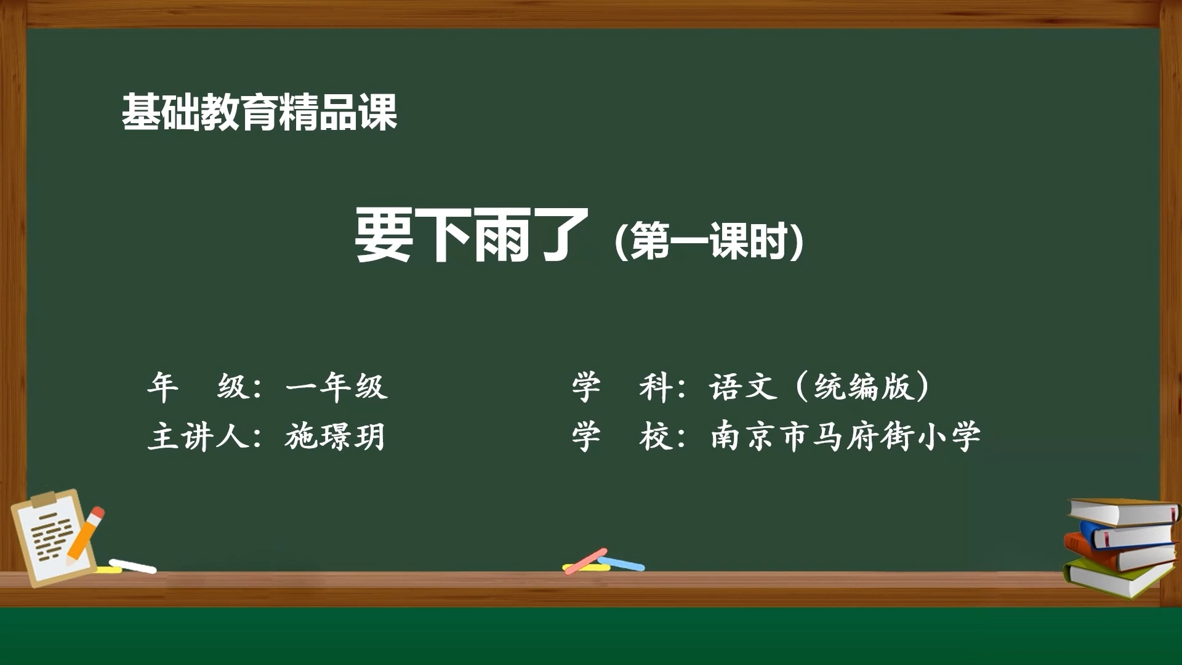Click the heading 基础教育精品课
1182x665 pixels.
pyautogui.click(x=259, y=112)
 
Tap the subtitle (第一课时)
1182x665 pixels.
pyautogui.click(x=709, y=241)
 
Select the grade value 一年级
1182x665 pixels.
pyautogui.click(x=336, y=387)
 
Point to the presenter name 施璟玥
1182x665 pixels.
pyautogui.click(x=335, y=437)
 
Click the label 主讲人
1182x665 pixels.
pyautogui.click(x=198, y=437)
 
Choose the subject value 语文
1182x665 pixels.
pyautogui.click(x=743, y=387)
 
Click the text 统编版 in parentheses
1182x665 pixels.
pyautogui.click(x=862, y=387)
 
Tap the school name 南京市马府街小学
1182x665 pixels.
pyautogui.click(x=845, y=437)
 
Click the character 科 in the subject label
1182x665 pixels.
pyautogui.click(x=655, y=387)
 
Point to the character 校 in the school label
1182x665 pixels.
pyautogui.click(x=655, y=437)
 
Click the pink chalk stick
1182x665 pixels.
pyautogui.click(x=585, y=561)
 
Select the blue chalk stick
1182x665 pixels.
pyautogui.click(x=621, y=563)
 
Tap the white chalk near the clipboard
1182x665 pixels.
pyautogui.click(x=133, y=566)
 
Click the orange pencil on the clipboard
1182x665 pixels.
pyautogui.click(x=85, y=533)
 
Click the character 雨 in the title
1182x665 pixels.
pyautogui.click(x=501, y=235)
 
